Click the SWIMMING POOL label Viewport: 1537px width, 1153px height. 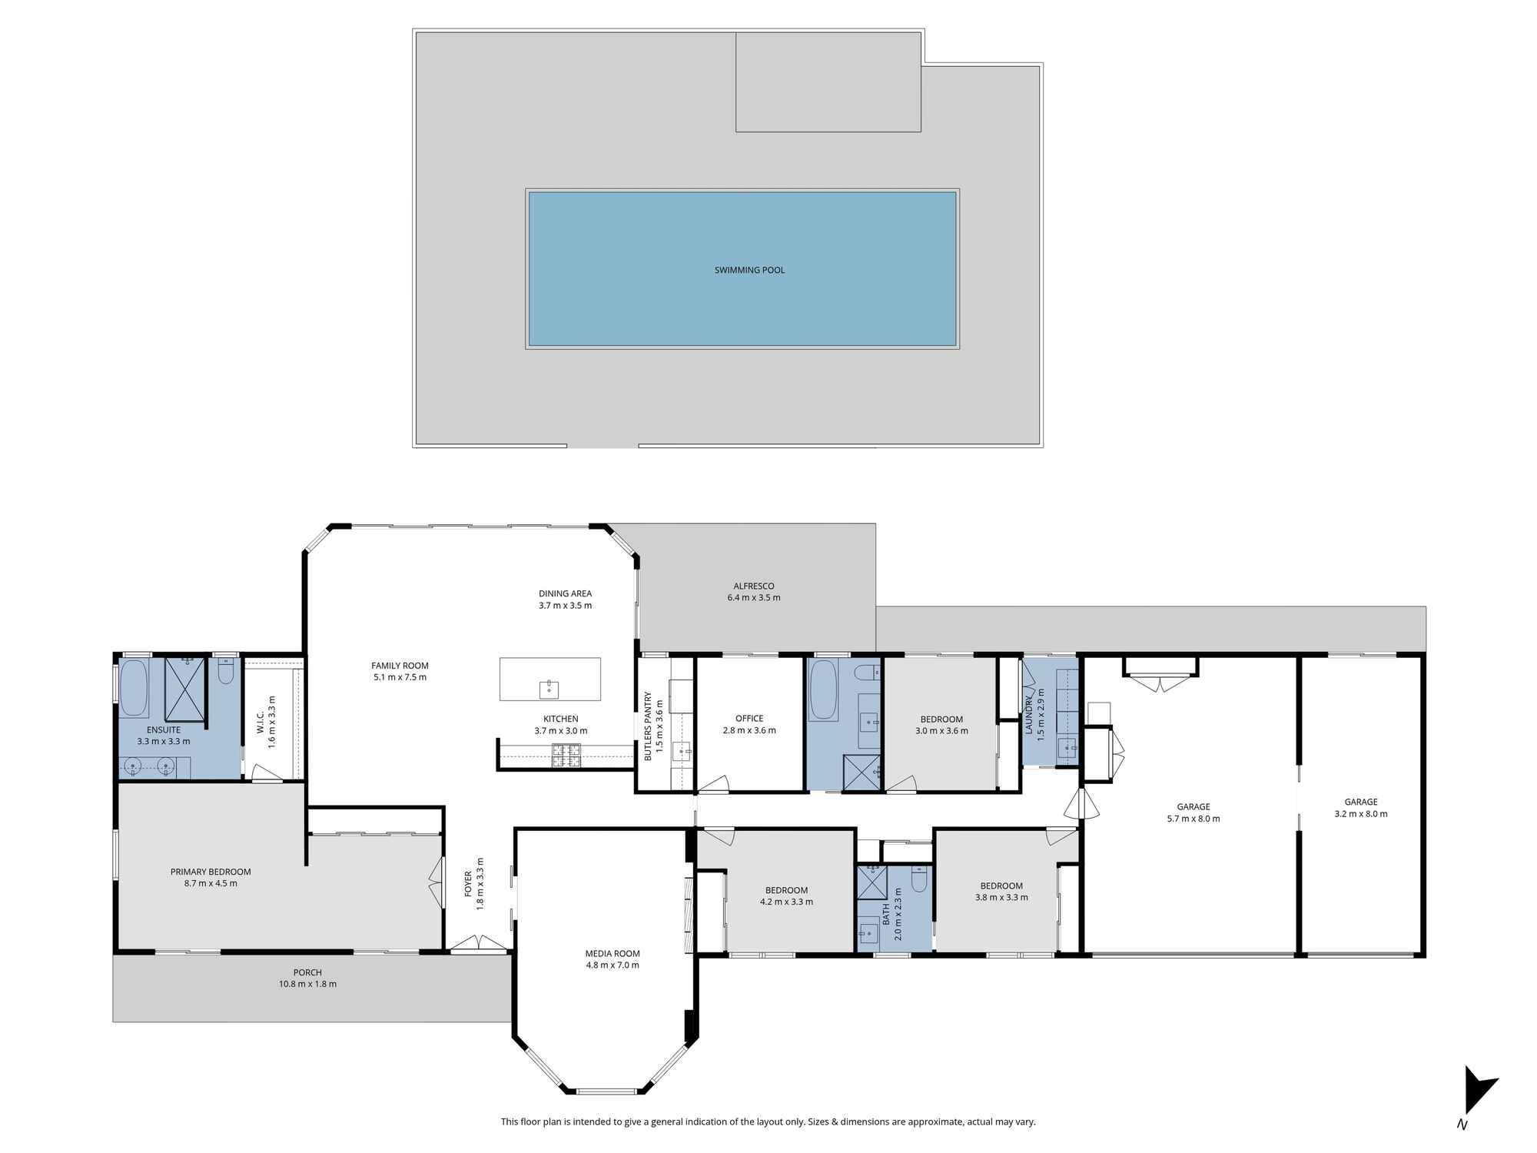[x=749, y=270]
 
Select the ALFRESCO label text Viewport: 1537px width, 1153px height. [x=753, y=586]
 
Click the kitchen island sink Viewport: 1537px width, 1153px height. [x=549, y=689]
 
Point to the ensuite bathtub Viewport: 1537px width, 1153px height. [x=134, y=688]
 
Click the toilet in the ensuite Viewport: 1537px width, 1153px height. [x=226, y=671]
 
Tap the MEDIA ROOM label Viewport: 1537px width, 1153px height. [x=612, y=954]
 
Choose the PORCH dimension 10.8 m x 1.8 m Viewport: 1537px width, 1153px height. [x=307, y=984]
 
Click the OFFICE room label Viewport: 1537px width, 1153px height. [x=749, y=719]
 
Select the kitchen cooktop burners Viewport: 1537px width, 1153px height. [x=566, y=756]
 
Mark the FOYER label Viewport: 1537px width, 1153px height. [x=468, y=884]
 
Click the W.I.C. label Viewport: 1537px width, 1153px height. [x=261, y=722]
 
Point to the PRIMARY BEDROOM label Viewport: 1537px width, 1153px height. [x=211, y=872]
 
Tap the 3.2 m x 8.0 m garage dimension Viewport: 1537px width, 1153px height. [x=1361, y=813]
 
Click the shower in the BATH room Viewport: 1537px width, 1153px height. [x=871, y=881]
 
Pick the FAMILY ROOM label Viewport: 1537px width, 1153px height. [x=400, y=666]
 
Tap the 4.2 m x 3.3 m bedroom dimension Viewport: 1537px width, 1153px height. [x=786, y=902]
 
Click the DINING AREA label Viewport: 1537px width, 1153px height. [x=565, y=593]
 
